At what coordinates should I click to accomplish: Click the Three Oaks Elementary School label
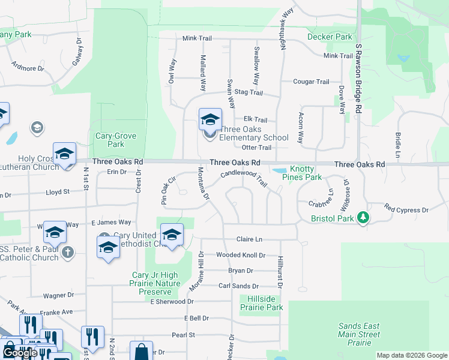[254, 133]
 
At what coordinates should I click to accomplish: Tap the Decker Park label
[330, 37]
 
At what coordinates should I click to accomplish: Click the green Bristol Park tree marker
[363, 217]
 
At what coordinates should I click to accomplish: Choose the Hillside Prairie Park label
[261, 303]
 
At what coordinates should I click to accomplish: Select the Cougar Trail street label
[311, 82]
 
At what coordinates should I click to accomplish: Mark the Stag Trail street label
[249, 92]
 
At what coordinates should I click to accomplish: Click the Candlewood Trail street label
[244, 177]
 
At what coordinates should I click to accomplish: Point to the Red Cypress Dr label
[406, 210]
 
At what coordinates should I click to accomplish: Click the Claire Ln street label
[250, 239]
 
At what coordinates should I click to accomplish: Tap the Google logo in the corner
[20, 353]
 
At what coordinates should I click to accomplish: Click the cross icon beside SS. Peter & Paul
[68, 253]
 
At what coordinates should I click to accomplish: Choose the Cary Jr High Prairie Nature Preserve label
[155, 283]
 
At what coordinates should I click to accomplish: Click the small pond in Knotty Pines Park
[279, 171]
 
